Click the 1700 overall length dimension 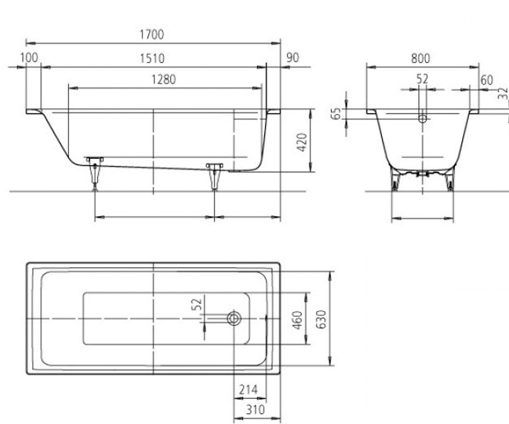(x=151, y=34)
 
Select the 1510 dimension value (x=152, y=59)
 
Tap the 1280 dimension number (x=164, y=80)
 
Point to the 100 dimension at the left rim (x=29, y=58)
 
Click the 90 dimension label (x=293, y=58)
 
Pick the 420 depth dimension (x=302, y=142)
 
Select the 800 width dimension (x=421, y=59)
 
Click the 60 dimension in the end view (x=487, y=80)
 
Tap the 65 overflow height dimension (x=336, y=114)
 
